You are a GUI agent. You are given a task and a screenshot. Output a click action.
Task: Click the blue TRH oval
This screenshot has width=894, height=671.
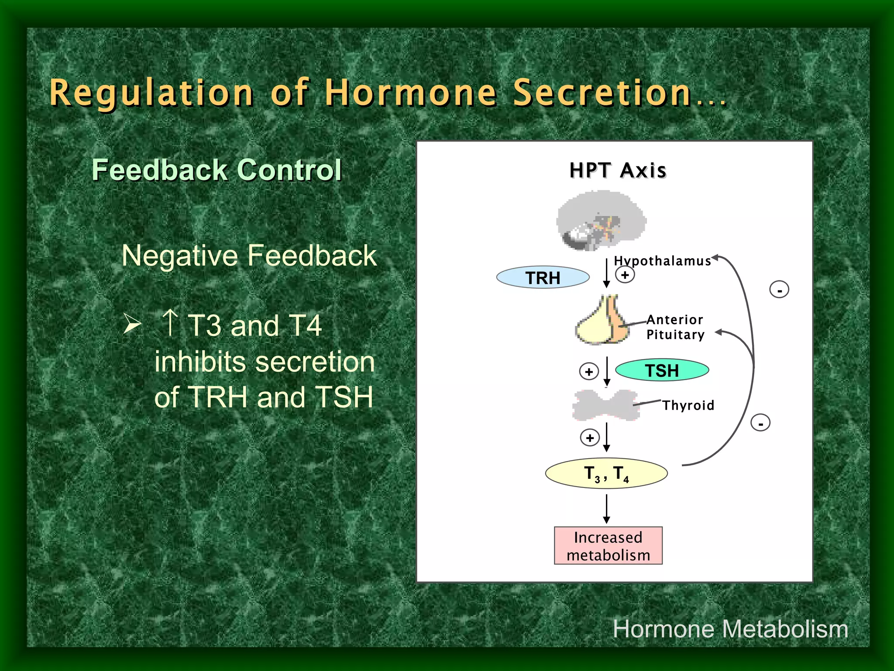coord(543,277)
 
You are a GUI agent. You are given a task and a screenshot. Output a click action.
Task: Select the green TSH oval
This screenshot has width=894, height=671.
coord(662,370)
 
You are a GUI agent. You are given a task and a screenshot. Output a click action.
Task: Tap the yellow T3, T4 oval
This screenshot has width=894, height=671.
coord(606,473)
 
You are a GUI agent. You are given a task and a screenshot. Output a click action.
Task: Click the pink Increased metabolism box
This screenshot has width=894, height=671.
coord(608,546)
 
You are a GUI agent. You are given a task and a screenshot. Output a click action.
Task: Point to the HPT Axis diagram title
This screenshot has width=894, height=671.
coord(618,170)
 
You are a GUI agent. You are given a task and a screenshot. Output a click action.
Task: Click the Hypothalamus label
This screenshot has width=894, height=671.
coord(662,261)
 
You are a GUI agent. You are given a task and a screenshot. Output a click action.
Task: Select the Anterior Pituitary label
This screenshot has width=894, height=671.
coord(675,327)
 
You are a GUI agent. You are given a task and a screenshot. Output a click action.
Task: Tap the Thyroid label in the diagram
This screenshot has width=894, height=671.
coord(688,405)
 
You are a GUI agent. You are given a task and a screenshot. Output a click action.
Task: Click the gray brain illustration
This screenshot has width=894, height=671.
coord(601,221)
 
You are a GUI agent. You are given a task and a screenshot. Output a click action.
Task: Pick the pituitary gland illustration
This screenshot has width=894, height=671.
coord(602,321)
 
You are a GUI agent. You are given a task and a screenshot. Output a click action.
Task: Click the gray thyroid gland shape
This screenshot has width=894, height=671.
coord(606,405)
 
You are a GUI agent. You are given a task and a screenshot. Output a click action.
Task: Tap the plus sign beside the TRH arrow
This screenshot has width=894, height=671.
coord(625,275)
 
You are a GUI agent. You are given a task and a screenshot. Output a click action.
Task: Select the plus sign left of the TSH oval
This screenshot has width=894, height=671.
coord(589,372)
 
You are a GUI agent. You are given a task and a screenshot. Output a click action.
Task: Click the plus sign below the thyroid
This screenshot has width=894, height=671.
coord(590,438)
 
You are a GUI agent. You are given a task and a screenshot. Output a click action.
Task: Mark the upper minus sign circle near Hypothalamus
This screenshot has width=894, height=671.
coord(779,290)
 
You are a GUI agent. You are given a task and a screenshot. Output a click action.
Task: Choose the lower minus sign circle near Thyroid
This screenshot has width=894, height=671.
coord(760,423)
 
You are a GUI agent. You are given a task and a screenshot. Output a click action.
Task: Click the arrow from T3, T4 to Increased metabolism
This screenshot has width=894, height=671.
coord(606,508)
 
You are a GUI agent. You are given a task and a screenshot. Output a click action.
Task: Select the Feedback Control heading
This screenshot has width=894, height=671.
coord(217,170)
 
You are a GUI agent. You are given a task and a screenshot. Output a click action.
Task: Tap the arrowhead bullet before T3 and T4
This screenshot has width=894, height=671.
coord(132,324)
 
